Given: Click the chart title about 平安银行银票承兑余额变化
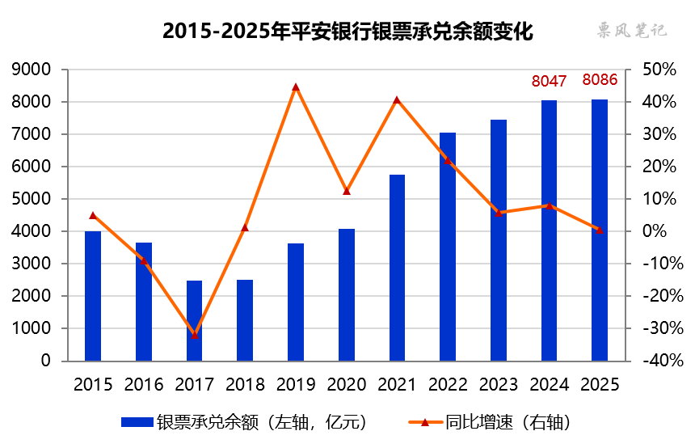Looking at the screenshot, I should click(347, 32).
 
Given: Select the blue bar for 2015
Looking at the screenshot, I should click(93, 296).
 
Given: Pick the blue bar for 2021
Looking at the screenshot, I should click(397, 268).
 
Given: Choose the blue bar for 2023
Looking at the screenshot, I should click(499, 240).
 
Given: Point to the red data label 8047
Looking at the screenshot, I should click(549, 81).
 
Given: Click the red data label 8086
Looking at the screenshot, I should click(600, 80).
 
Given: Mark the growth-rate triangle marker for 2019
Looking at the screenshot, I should click(296, 87).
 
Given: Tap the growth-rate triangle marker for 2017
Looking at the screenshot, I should click(194, 335).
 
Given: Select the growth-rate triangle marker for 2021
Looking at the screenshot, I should click(397, 100).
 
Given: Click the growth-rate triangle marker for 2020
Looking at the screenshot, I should click(347, 191).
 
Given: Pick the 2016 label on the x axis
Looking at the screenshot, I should click(143, 384).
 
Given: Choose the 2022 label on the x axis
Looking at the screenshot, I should click(448, 384).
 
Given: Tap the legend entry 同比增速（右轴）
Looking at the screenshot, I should click(495, 422).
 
